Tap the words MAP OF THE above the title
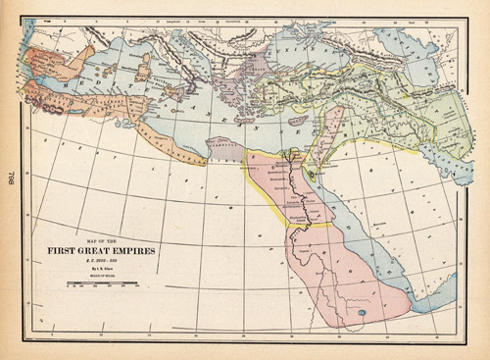(x=98, y=238)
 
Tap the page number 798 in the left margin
(x=13, y=180)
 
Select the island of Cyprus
(x=297, y=122)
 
